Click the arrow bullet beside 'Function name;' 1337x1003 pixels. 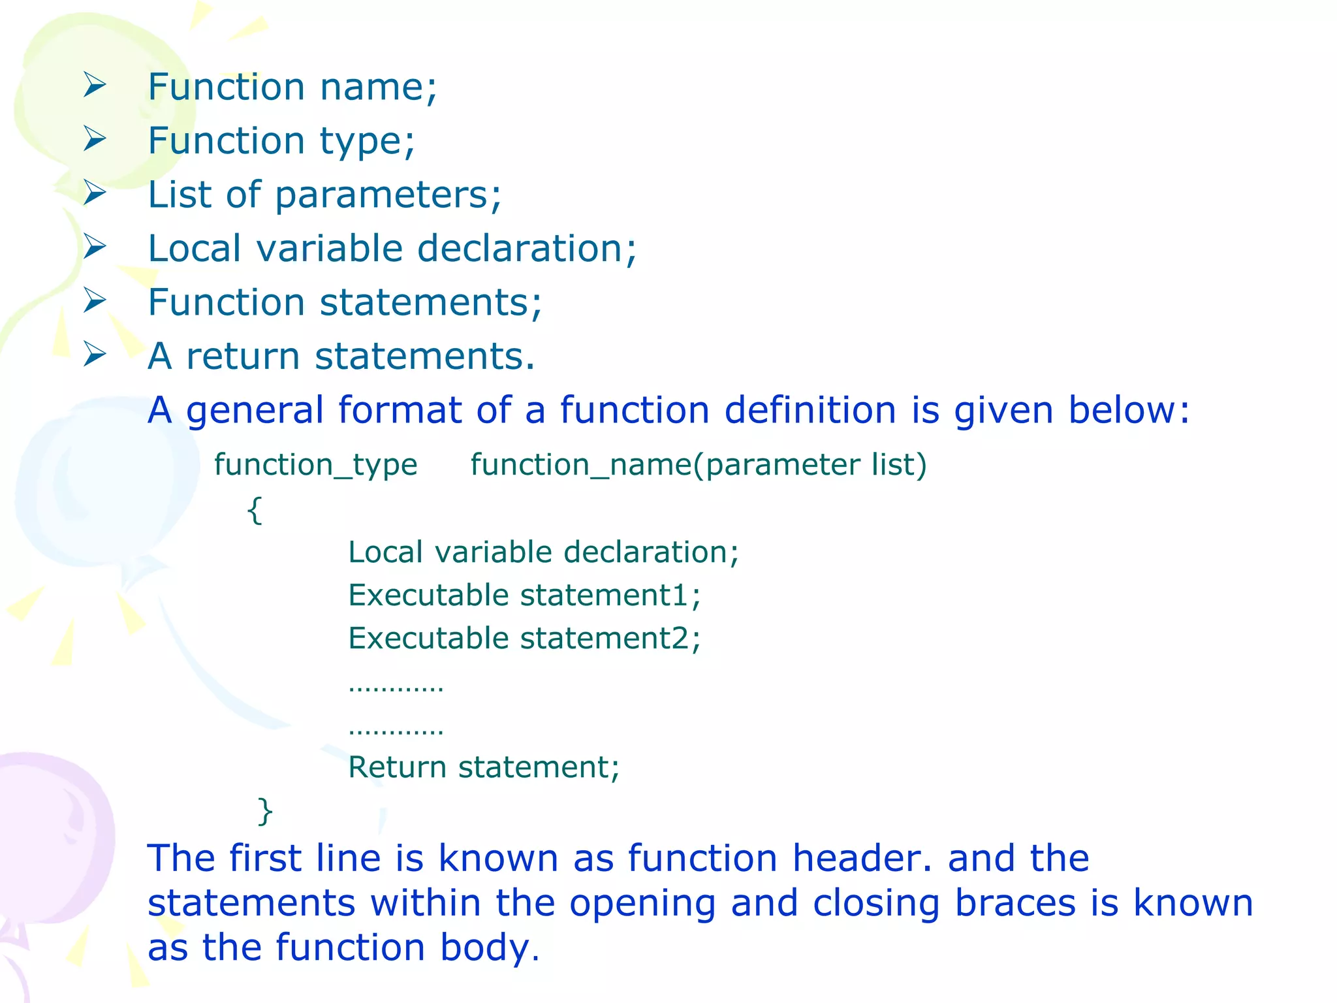point(95,86)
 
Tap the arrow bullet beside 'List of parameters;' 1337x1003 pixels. point(95,193)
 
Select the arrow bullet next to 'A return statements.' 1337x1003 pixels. point(95,355)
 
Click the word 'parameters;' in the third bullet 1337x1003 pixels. point(388,195)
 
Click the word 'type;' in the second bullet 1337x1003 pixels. point(367,142)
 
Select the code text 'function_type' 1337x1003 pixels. point(316,466)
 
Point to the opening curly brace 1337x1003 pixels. point(255,510)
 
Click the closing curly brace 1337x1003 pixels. point(265,812)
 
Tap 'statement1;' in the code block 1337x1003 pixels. point(610,596)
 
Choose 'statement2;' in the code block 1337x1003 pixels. point(610,639)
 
